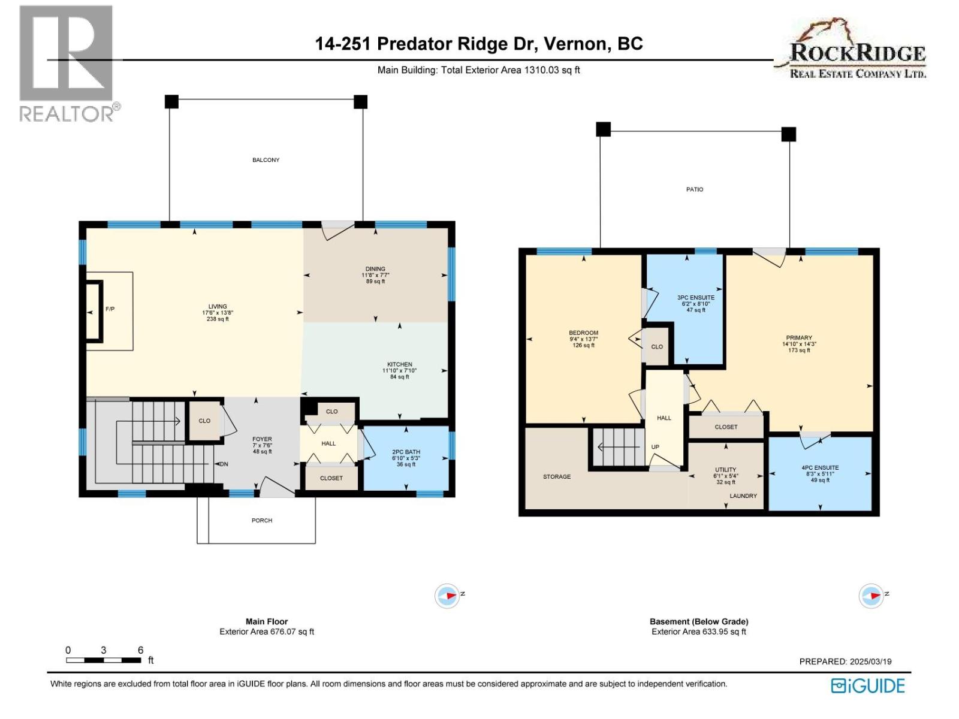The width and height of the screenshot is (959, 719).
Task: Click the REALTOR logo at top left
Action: tap(67, 63)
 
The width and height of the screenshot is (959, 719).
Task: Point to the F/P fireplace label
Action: tap(110, 309)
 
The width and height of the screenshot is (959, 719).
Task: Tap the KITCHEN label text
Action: tap(399, 364)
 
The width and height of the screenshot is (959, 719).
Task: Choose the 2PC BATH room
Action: tap(406, 458)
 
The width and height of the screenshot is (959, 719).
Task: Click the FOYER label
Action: tap(262, 439)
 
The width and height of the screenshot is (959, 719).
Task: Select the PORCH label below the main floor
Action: tap(262, 521)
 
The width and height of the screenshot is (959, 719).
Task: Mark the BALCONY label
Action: tap(266, 160)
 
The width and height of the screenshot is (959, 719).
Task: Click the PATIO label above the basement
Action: tap(695, 189)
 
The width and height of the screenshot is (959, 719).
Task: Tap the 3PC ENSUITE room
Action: tap(695, 303)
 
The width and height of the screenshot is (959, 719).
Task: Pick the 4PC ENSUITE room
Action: tap(820, 473)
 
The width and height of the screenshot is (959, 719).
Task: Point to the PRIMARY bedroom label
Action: tap(799, 338)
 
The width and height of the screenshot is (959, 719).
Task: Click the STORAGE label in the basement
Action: tap(557, 477)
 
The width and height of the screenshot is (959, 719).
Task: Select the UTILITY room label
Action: tap(725, 470)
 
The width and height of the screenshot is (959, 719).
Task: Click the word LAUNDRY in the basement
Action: tap(743, 496)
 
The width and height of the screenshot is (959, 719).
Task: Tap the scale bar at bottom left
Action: tap(103, 660)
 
